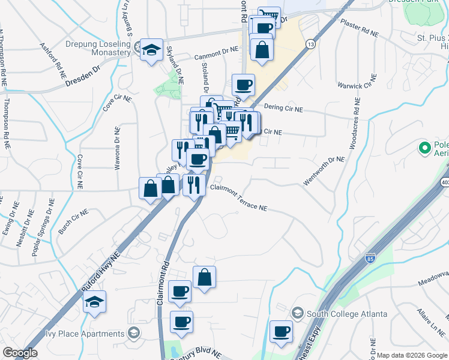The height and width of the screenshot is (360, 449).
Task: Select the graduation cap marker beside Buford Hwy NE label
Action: coord(95,302)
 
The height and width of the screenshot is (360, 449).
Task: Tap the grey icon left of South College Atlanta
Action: coord(297,313)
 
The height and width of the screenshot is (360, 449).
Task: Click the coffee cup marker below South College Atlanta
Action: coord(281,332)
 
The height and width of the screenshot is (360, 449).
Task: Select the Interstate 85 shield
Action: coord(370,257)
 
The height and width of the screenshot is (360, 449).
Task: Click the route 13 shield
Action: coord(310,44)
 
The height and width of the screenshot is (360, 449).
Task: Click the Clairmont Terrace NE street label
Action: coord(238,197)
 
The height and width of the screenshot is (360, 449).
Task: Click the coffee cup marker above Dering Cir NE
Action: coord(243,85)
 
